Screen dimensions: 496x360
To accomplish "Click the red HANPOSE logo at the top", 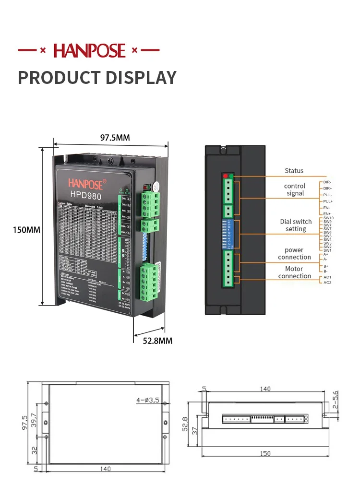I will [89, 50].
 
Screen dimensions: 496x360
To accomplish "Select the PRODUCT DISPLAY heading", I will [97, 77].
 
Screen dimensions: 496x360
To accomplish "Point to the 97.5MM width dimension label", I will [115, 138].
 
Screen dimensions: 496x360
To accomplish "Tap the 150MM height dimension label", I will [26, 230].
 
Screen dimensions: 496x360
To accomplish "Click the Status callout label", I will [294, 171].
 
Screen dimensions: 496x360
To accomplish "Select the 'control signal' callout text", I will [295, 189].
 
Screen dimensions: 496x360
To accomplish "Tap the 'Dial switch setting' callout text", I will [296, 225].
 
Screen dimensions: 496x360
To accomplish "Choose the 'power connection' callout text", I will [294, 254].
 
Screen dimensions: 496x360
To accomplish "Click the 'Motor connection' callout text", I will [294, 272].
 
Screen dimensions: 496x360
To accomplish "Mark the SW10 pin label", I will [328, 218].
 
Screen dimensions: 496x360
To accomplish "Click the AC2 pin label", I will [327, 283].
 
